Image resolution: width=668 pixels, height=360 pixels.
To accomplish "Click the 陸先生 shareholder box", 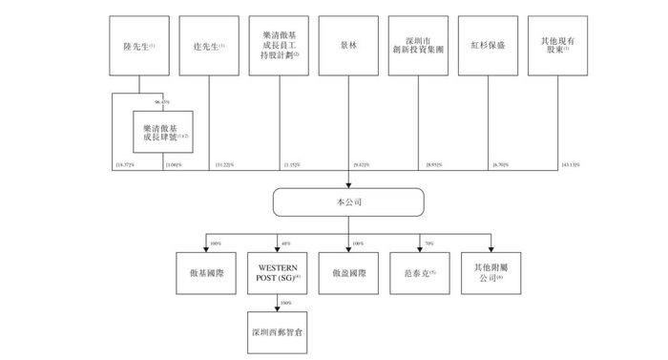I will point(134,44).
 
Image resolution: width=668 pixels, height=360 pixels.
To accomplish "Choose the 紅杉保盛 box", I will point(488,44).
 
